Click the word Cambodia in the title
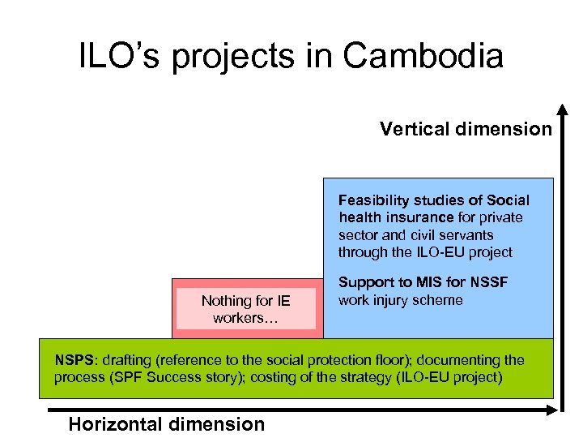[x=423, y=56]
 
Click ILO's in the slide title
[x=110, y=56]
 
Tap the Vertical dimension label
[x=466, y=129]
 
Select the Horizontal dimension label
[x=167, y=423]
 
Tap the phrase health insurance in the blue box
[x=396, y=217]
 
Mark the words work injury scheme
[x=400, y=300]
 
